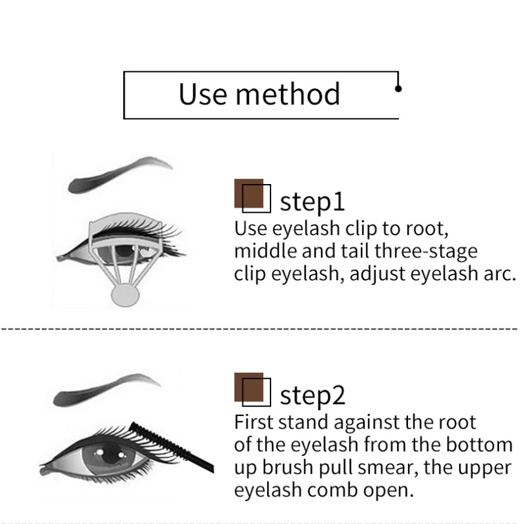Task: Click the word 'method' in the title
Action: coord(289,94)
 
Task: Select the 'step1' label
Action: coord(312,201)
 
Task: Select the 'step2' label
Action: coord(312,396)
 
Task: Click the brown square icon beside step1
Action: coord(252,195)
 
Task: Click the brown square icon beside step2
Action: coord(252,389)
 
